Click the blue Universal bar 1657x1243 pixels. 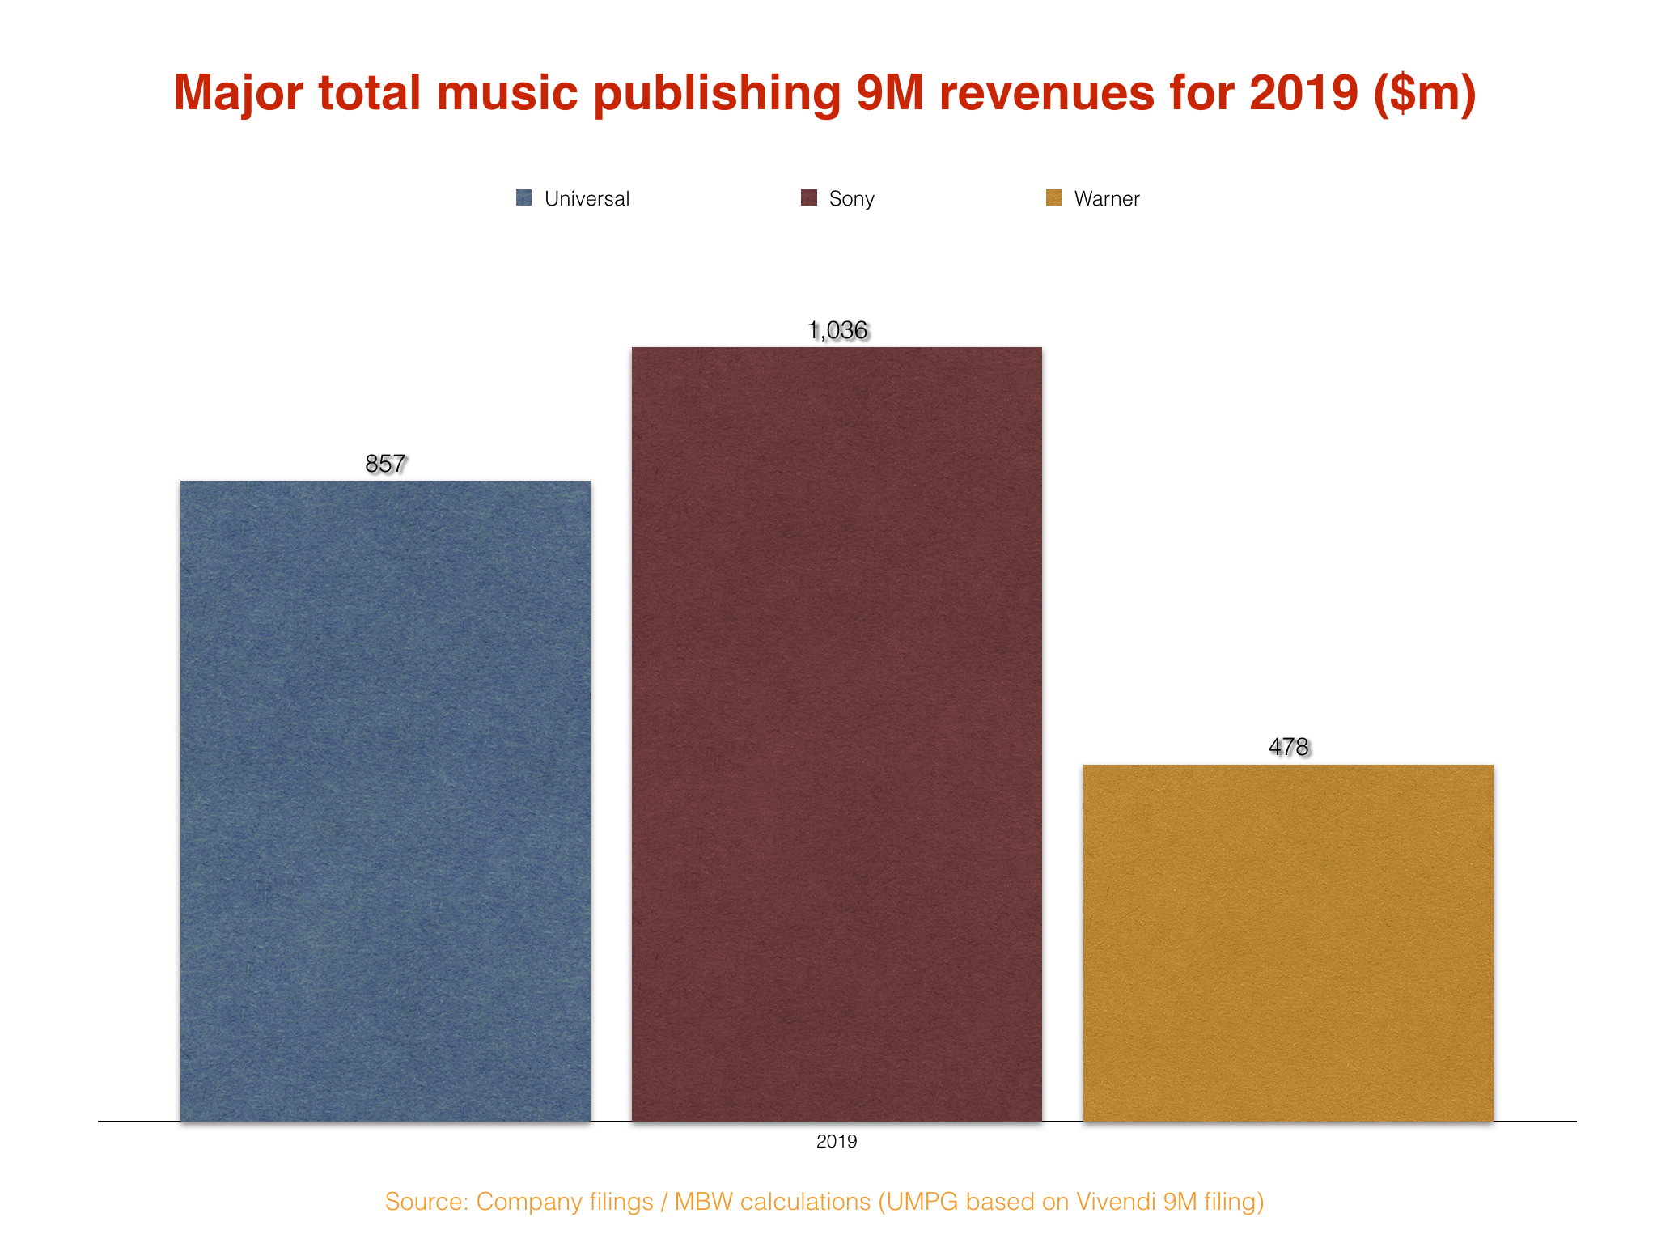[x=385, y=801]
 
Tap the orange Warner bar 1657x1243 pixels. [x=1288, y=943]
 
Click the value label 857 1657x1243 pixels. [x=385, y=464]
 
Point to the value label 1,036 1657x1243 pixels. [x=837, y=330]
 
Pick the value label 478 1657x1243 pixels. [x=1288, y=746]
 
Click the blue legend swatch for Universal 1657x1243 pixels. [x=523, y=198]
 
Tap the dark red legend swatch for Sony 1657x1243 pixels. [x=808, y=198]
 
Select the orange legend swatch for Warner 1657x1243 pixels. [x=1053, y=198]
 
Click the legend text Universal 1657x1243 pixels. [x=587, y=199]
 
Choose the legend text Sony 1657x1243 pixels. [x=851, y=199]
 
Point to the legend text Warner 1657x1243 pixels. [x=1106, y=199]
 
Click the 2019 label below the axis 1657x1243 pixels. [x=837, y=1142]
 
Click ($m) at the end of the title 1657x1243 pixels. [x=1424, y=94]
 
